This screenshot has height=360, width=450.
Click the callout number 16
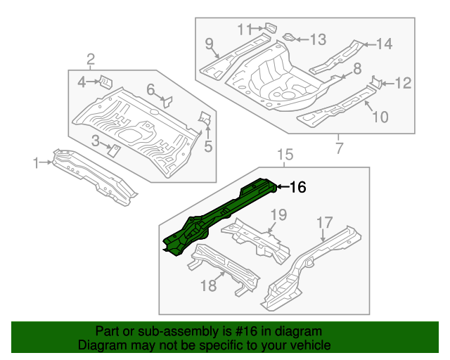(x=298, y=187)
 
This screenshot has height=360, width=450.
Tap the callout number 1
(x=36, y=163)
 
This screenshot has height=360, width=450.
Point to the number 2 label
(x=91, y=58)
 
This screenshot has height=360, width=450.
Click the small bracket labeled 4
(x=103, y=81)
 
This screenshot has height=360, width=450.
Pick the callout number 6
(x=150, y=89)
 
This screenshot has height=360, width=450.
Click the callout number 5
(x=208, y=146)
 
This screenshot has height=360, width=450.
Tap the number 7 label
(x=339, y=148)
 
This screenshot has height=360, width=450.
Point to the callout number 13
(x=318, y=39)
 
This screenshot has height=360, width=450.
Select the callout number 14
(x=383, y=44)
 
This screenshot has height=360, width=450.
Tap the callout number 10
(x=379, y=117)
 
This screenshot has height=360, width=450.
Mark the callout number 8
(x=357, y=68)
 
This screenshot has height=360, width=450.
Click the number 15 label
(x=283, y=155)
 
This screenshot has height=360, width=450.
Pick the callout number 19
(x=279, y=214)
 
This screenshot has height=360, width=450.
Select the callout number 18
(x=209, y=285)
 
